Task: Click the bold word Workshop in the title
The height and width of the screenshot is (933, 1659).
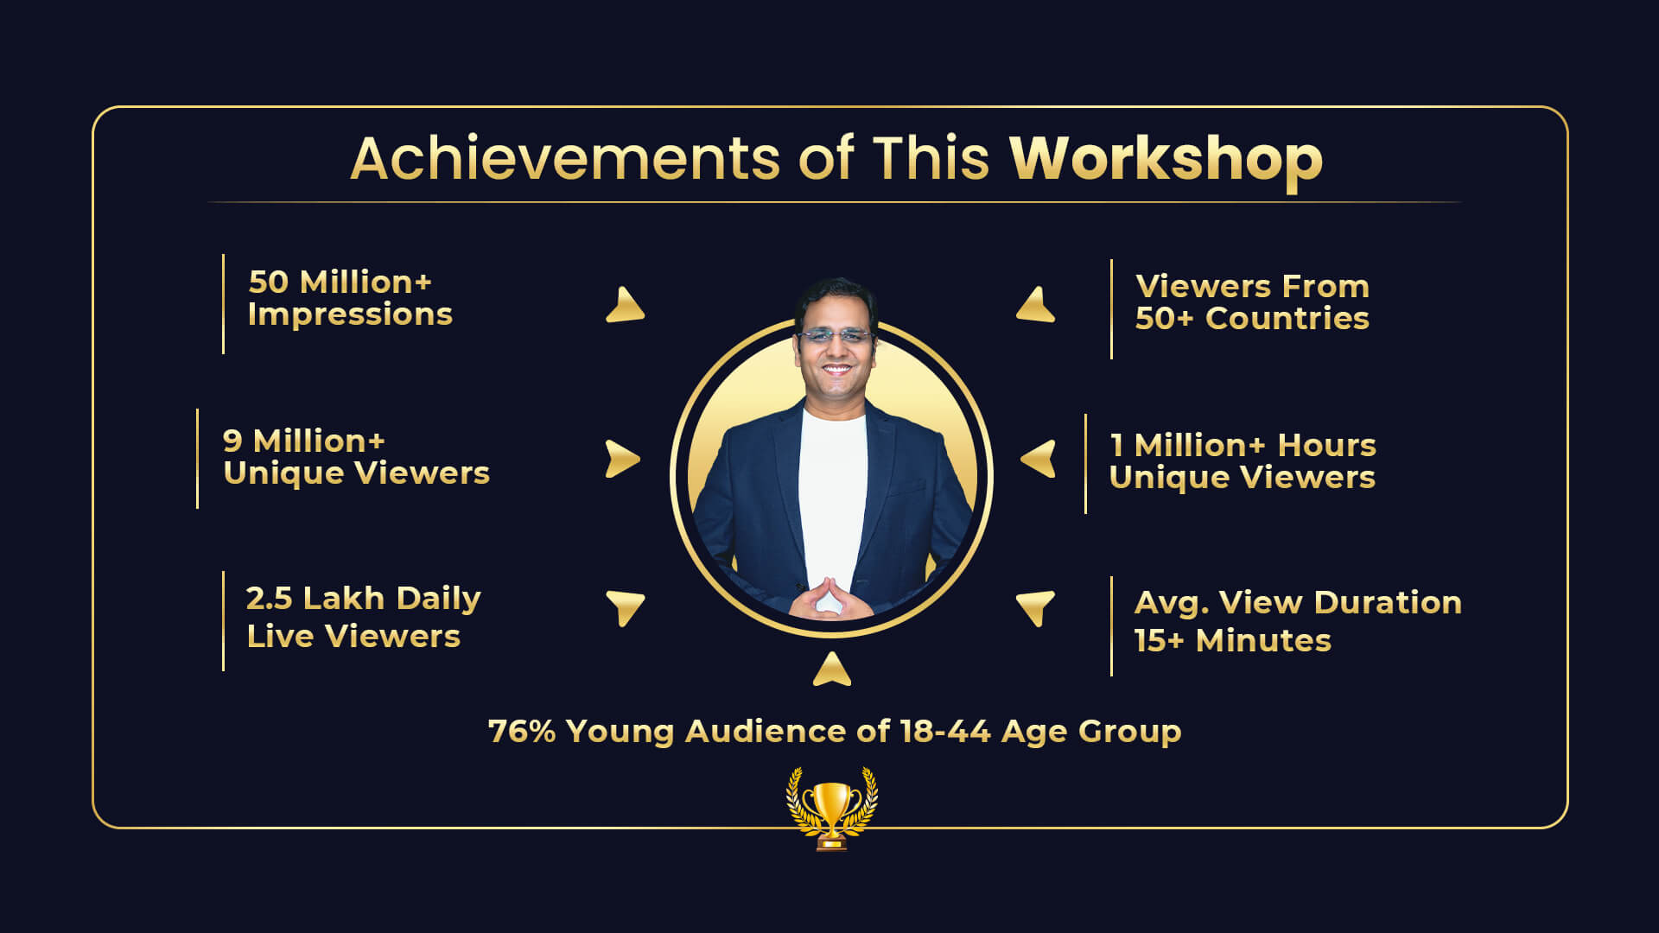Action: point(1166,161)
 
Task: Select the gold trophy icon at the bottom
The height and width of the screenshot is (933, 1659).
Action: point(831,809)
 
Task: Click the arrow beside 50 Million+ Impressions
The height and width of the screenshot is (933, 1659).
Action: point(625,305)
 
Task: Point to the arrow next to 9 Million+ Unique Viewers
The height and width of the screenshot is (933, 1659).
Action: point(622,459)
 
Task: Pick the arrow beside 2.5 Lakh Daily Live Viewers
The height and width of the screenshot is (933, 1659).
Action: point(625,607)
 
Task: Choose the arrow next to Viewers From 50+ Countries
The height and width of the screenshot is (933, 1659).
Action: point(1036,305)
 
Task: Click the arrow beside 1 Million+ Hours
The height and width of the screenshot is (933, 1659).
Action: point(1038,459)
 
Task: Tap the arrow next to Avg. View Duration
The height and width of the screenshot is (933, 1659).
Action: point(1036,607)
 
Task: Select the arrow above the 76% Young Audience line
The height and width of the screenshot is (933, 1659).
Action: point(832,670)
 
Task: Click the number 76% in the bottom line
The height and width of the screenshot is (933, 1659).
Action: point(522,732)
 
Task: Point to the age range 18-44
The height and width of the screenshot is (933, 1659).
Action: point(944,732)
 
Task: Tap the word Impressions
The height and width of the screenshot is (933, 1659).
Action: point(350,315)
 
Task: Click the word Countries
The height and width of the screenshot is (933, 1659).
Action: point(1287,319)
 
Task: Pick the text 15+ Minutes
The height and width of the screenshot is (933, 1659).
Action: point(1233,641)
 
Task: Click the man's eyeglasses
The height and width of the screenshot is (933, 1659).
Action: point(836,336)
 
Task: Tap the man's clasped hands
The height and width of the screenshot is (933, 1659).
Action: point(829,600)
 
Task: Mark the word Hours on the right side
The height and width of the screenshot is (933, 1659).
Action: point(1327,446)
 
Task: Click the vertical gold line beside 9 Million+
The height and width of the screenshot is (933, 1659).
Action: point(198,459)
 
